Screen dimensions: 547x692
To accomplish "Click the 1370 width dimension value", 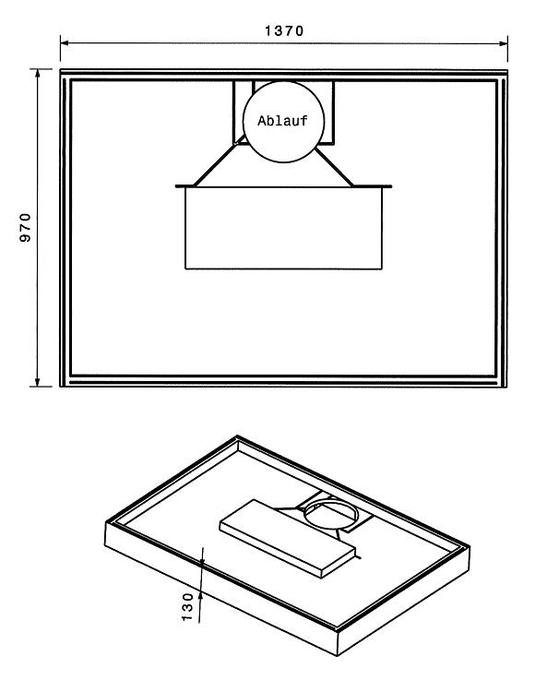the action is [x=284, y=30].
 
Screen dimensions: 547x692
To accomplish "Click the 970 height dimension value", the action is [x=26, y=227].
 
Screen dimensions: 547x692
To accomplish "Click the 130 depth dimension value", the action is [x=187, y=607].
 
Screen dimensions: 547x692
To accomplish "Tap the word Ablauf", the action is [x=282, y=121].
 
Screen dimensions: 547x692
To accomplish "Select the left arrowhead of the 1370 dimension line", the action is [x=65, y=42].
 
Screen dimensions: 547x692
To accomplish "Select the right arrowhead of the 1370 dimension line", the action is [x=504, y=43].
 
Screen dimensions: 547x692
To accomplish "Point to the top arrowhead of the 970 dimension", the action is [x=38, y=73].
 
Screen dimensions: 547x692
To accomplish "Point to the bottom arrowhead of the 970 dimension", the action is [x=38, y=382].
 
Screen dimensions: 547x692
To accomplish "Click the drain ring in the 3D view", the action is [x=331, y=499].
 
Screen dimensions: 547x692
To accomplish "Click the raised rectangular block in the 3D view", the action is [x=288, y=538].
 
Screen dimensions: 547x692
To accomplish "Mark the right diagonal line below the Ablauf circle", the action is [x=334, y=167].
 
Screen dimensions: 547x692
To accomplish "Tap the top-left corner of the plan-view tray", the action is [x=61, y=70].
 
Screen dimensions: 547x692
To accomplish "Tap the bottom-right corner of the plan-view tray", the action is [x=506, y=387].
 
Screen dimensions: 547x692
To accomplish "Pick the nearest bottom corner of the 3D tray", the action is [x=338, y=656].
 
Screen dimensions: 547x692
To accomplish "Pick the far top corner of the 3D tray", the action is [x=237, y=436].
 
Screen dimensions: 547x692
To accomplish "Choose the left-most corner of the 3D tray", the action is [x=105, y=521].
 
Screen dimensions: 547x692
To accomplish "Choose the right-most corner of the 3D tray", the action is [x=470, y=547].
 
